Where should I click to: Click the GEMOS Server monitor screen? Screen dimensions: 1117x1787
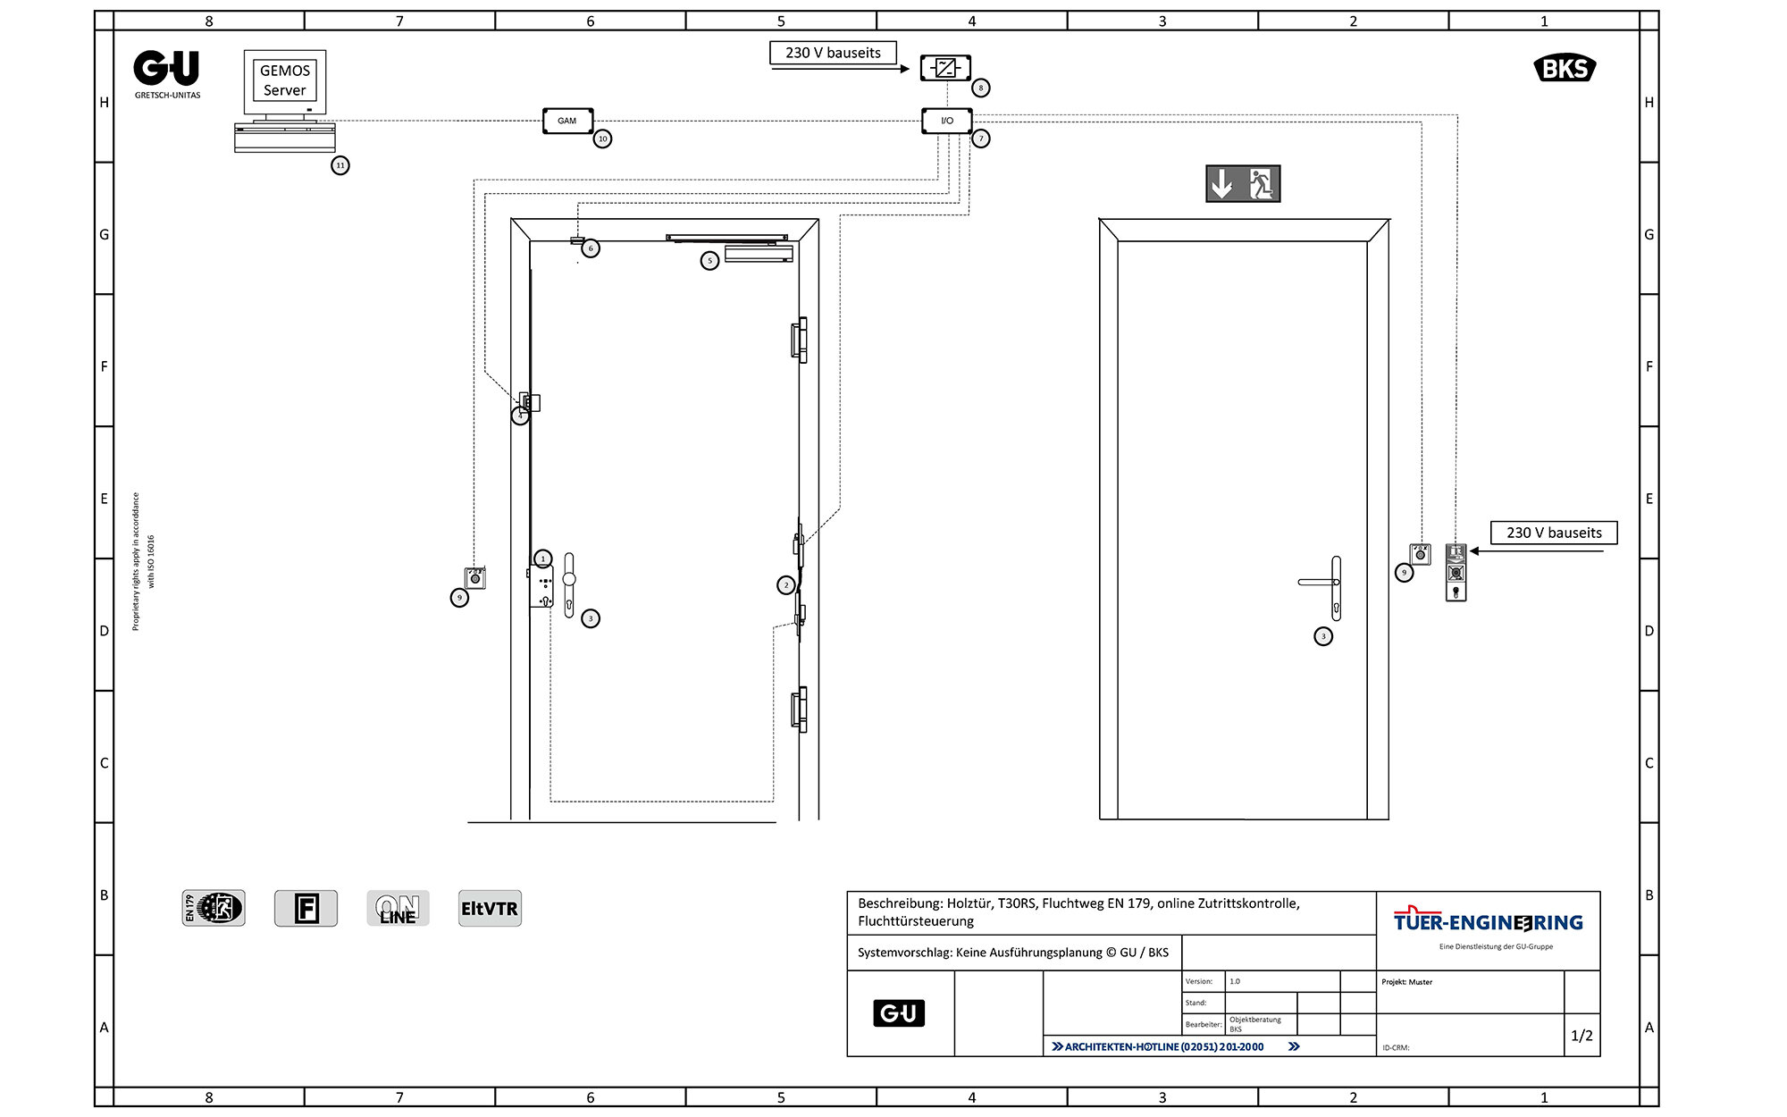tap(285, 80)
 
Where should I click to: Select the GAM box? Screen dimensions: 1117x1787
tap(567, 121)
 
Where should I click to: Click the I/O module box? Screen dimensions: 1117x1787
tap(947, 121)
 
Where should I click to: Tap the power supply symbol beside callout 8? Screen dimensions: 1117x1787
tap(946, 68)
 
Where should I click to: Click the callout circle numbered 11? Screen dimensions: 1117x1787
tap(340, 165)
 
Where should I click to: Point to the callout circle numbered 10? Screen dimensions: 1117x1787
tap(603, 139)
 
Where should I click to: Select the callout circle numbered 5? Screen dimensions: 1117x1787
tap(709, 261)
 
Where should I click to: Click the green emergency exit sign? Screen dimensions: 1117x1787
tap(1243, 184)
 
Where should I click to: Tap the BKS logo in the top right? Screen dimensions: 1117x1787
tap(1565, 69)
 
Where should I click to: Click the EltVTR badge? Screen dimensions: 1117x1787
tap(490, 909)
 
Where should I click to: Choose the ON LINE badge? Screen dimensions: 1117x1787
tap(398, 909)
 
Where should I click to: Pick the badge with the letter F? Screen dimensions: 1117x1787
tap(306, 909)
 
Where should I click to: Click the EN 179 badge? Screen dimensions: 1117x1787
tap(214, 909)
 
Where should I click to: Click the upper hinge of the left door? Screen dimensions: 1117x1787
tap(799, 340)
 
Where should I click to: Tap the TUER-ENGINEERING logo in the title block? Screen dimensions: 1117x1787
tap(1488, 922)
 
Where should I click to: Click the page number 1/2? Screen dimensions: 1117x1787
tap(1581, 1036)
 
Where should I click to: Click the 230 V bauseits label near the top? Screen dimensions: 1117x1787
tap(833, 53)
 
